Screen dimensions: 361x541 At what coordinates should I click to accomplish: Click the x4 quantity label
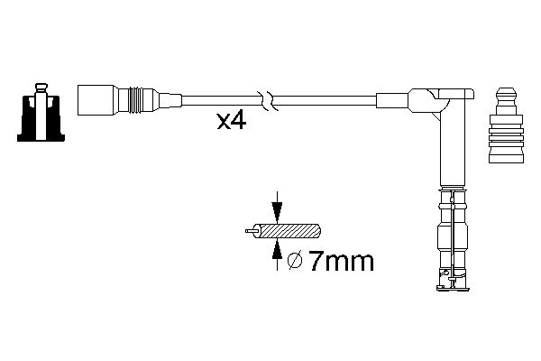pos(233,121)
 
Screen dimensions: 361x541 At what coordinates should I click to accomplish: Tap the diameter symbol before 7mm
pos(294,263)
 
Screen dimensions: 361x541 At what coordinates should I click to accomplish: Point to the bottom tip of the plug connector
pos(452,285)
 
